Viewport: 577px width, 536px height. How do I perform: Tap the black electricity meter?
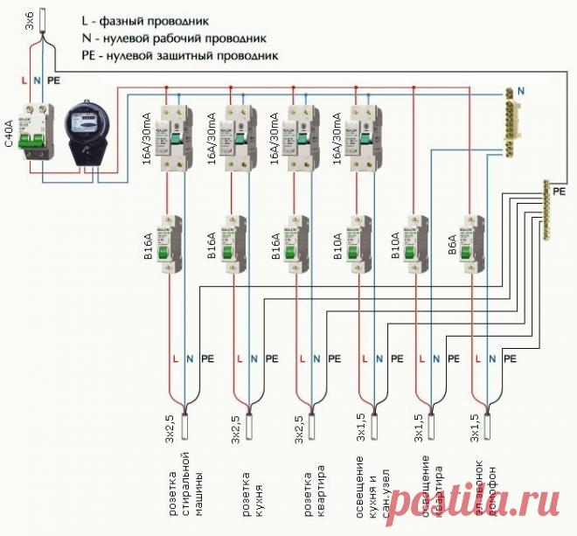point(87,131)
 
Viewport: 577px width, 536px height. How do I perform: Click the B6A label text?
point(451,240)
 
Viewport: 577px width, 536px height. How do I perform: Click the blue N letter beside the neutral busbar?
point(522,91)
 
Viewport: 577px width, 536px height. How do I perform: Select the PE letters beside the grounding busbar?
point(560,190)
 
